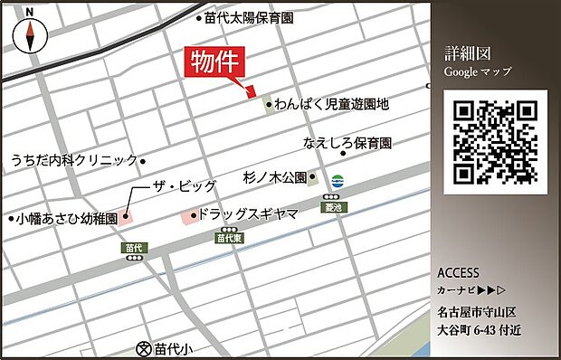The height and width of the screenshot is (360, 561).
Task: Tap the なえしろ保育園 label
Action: pos(347,143)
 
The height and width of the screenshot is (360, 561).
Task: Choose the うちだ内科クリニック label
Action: pos(74,160)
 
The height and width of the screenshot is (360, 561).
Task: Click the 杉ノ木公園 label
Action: pos(275,177)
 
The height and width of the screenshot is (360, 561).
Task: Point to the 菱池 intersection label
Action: pos(333,207)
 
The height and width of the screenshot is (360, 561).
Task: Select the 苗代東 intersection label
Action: pos(228,238)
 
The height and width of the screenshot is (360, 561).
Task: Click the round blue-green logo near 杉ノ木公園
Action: pos(338,179)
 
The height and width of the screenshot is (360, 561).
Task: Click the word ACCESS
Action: pos(458,273)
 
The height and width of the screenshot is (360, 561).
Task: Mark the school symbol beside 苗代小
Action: pos(143,347)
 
